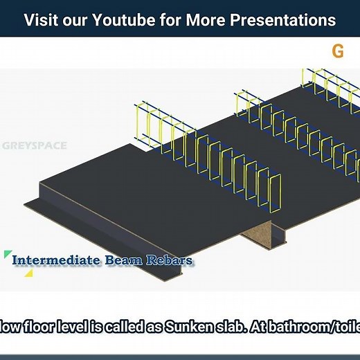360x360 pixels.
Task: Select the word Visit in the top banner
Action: click(x=41, y=19)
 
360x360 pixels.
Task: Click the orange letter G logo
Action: click(x=338, y=51)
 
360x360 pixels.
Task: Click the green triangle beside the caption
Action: click(x=8, y=255)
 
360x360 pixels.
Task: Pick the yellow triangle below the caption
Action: click(x=28, y=273)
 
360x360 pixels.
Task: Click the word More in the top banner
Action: click(x=204, y=19)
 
